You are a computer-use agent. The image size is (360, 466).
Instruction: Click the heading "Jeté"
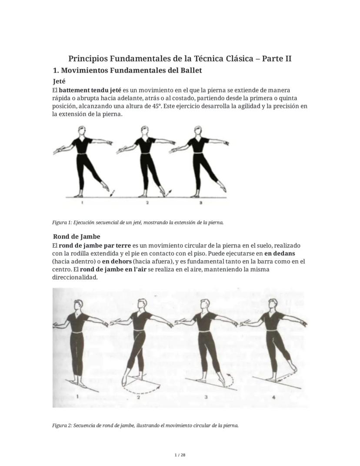coord(59,81)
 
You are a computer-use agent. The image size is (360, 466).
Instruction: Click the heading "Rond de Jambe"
coord(77,237)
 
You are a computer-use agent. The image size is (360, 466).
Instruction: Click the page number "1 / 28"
coord(180,455)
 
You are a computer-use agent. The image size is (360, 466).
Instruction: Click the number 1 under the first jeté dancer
coord(82,203)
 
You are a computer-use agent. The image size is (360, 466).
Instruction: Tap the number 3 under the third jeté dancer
coord(200,203)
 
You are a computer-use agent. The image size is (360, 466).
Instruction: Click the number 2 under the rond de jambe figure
coord(138,397)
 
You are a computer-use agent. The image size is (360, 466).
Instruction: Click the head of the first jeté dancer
coord(80,131)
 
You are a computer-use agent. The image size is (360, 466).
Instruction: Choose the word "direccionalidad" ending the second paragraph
coord(75,277)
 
